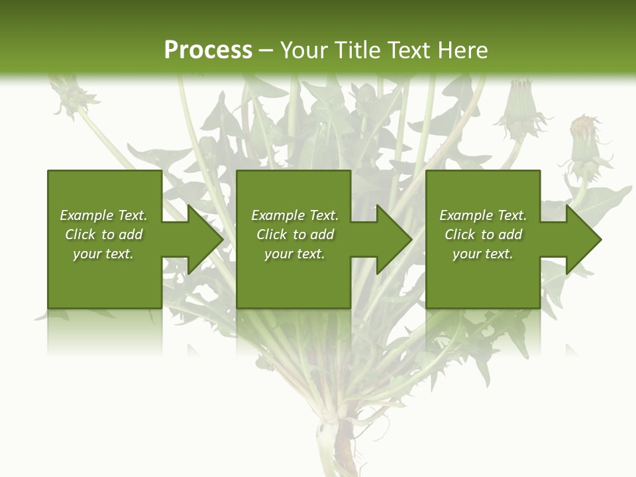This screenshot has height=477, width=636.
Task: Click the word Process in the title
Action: (x=208, y=50)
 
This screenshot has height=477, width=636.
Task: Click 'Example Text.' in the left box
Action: (x=103, y=215)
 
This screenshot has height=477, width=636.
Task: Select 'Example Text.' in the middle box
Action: (x=295, y=215)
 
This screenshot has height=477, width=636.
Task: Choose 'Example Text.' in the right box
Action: (x=483, y=215)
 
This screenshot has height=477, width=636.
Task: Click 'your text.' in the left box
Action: (x=103, y=254)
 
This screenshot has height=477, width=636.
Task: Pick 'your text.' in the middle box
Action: (x=295, y=254)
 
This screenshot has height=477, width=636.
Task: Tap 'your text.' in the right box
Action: (x=483, y=254)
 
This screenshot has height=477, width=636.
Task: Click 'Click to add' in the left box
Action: (x=103, y=235)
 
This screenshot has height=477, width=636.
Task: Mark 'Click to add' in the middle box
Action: (x=295, y=235)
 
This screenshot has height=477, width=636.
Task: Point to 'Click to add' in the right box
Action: (x=483, y=235)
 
